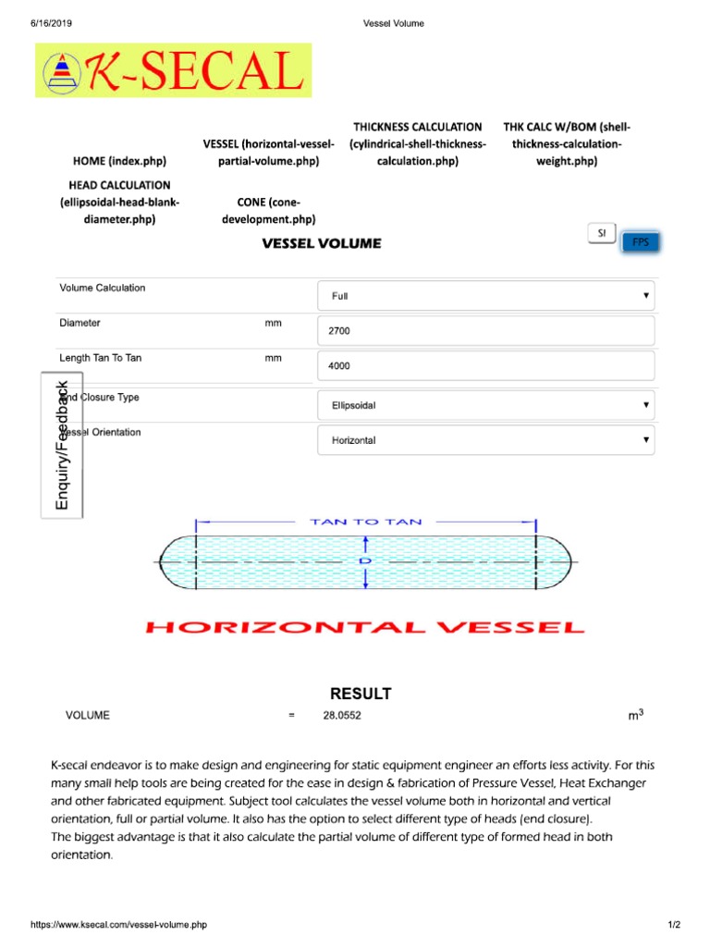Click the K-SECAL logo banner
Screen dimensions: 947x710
point(174,70)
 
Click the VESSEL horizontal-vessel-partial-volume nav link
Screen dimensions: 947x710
point(262,153)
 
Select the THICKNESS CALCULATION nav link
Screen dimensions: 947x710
point(417,143)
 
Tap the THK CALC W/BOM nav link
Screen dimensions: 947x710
point(568,143)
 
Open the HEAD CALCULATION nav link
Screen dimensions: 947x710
point(119,202)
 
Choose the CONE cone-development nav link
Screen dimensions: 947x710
point(269,210)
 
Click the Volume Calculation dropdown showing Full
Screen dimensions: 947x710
point(485,296)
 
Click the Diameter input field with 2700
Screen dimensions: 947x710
point(485,331)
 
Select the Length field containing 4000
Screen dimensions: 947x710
point(485,366)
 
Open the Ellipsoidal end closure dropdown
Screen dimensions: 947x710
point(485,405)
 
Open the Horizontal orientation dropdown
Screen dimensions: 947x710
point(485,440)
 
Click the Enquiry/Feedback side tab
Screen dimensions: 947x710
point(62,444)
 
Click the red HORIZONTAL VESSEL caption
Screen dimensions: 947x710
point(365,628)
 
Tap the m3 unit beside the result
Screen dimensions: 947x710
point(635,716)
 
